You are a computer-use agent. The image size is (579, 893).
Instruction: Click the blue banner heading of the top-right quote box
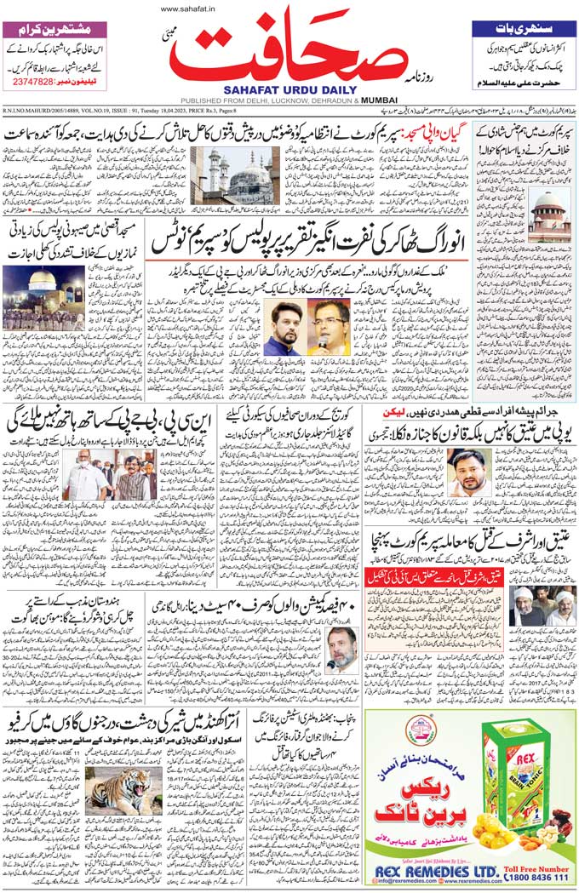[525, 28]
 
